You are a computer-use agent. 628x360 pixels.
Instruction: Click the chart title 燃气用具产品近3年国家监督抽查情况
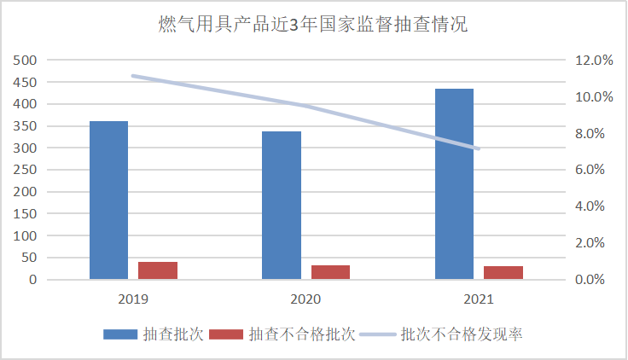click(313, 25)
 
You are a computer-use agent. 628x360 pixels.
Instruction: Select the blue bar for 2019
click(108, 200)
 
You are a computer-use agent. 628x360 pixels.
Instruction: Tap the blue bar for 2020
click(281, 206)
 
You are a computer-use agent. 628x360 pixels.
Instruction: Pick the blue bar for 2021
click(454, 184)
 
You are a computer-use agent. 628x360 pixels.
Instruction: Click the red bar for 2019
click(158, 270)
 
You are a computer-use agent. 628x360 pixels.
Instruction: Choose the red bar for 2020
click(330, 272)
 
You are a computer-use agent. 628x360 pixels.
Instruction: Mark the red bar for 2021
click(503, 272)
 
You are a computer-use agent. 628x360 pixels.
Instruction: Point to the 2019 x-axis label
click(133, 299)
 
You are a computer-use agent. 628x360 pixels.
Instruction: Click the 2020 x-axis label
click(305, 299)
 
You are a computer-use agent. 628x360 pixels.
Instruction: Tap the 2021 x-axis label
click(479, 299)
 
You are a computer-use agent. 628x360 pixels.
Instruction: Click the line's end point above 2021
click(479, 149)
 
